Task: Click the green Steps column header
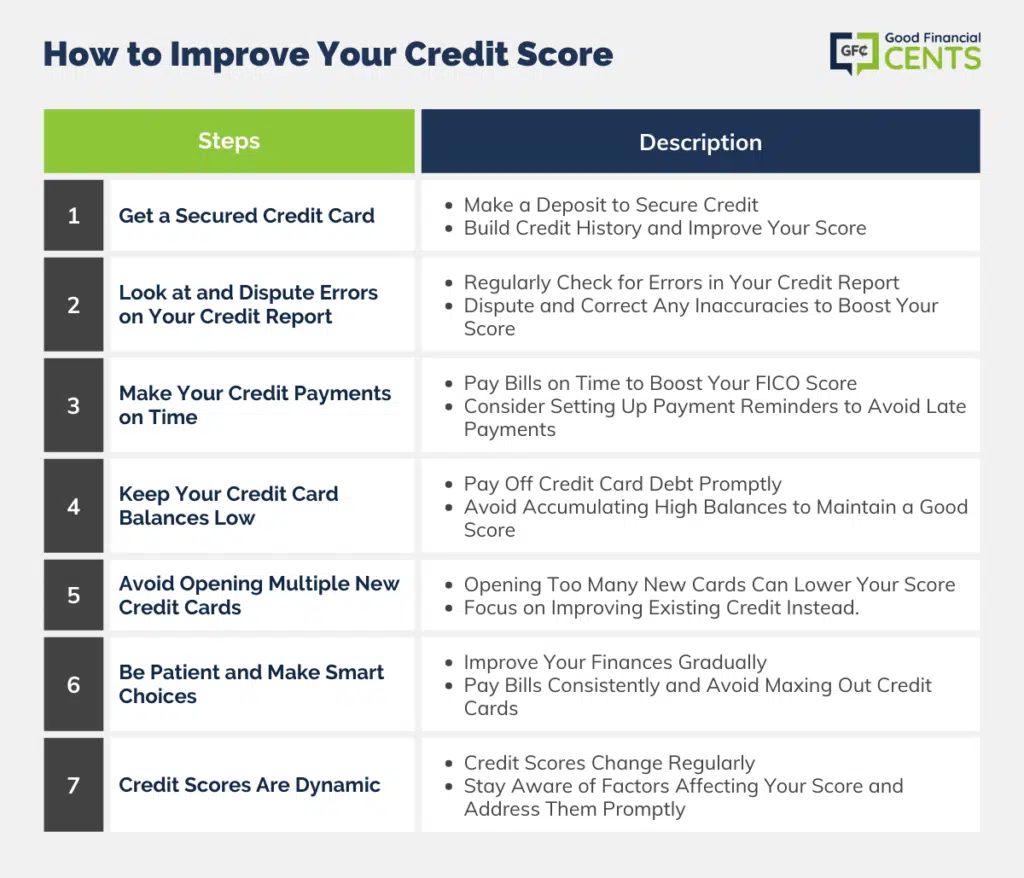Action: pos(229,141)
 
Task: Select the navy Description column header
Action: pos(700,141)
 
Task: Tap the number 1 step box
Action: pos(74,216)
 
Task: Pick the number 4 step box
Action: pos(74,506)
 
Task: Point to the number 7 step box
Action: pos(74,785)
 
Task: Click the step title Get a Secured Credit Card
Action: pos(247,216)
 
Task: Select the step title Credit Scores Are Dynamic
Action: pos(249,785)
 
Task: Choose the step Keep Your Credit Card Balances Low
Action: pos(229,506)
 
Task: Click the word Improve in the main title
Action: pos(238,55)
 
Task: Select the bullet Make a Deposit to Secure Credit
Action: pos(611,205)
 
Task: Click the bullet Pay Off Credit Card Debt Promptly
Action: pos(622,484)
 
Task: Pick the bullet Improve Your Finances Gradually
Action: pos(615,662)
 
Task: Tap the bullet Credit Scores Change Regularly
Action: pos(609,763)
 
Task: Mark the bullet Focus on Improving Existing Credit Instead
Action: pos(662,608)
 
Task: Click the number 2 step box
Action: pos(74,304)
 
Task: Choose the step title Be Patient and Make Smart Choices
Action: pos(251,684)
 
